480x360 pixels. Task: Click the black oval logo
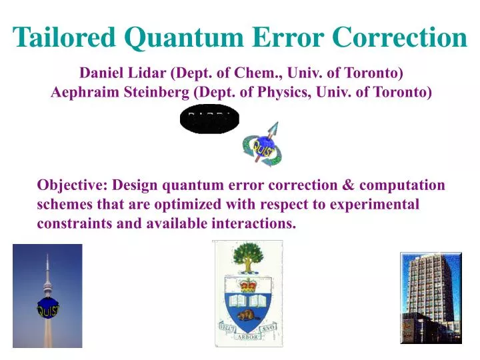tap(209, 121)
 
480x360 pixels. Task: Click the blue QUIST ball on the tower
tap(47, 309)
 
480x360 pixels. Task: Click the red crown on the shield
tap(249, 286)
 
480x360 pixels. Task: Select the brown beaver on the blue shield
tap(248, 310)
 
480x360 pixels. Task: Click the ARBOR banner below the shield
tap(248, 336)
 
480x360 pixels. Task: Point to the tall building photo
tap(430, 297)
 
